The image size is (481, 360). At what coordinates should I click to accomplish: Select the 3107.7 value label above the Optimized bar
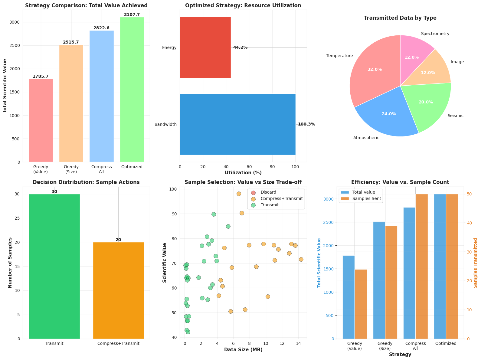click(132, 15)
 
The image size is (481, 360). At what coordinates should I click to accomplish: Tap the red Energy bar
click(205, 47)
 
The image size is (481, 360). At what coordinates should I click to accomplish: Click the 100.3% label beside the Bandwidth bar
click(306, 124)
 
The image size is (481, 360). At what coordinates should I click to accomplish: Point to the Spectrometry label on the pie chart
click(435, 34)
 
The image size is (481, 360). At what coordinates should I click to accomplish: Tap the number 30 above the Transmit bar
click(54, 192)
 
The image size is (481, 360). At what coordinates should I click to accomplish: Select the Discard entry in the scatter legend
click(268, 192)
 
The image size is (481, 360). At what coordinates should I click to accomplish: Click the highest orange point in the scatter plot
click(239, 194)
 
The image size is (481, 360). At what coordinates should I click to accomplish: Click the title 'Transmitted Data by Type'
click(400, 18)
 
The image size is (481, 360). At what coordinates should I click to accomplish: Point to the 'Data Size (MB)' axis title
click(243, 350)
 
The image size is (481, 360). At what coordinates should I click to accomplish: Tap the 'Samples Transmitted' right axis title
click(475, 263)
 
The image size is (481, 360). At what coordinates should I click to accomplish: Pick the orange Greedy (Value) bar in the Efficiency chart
click(361, 304)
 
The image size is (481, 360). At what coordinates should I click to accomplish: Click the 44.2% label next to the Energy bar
click(240, 47)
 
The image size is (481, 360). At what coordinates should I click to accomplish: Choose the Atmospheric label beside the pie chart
click(366, 138)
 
